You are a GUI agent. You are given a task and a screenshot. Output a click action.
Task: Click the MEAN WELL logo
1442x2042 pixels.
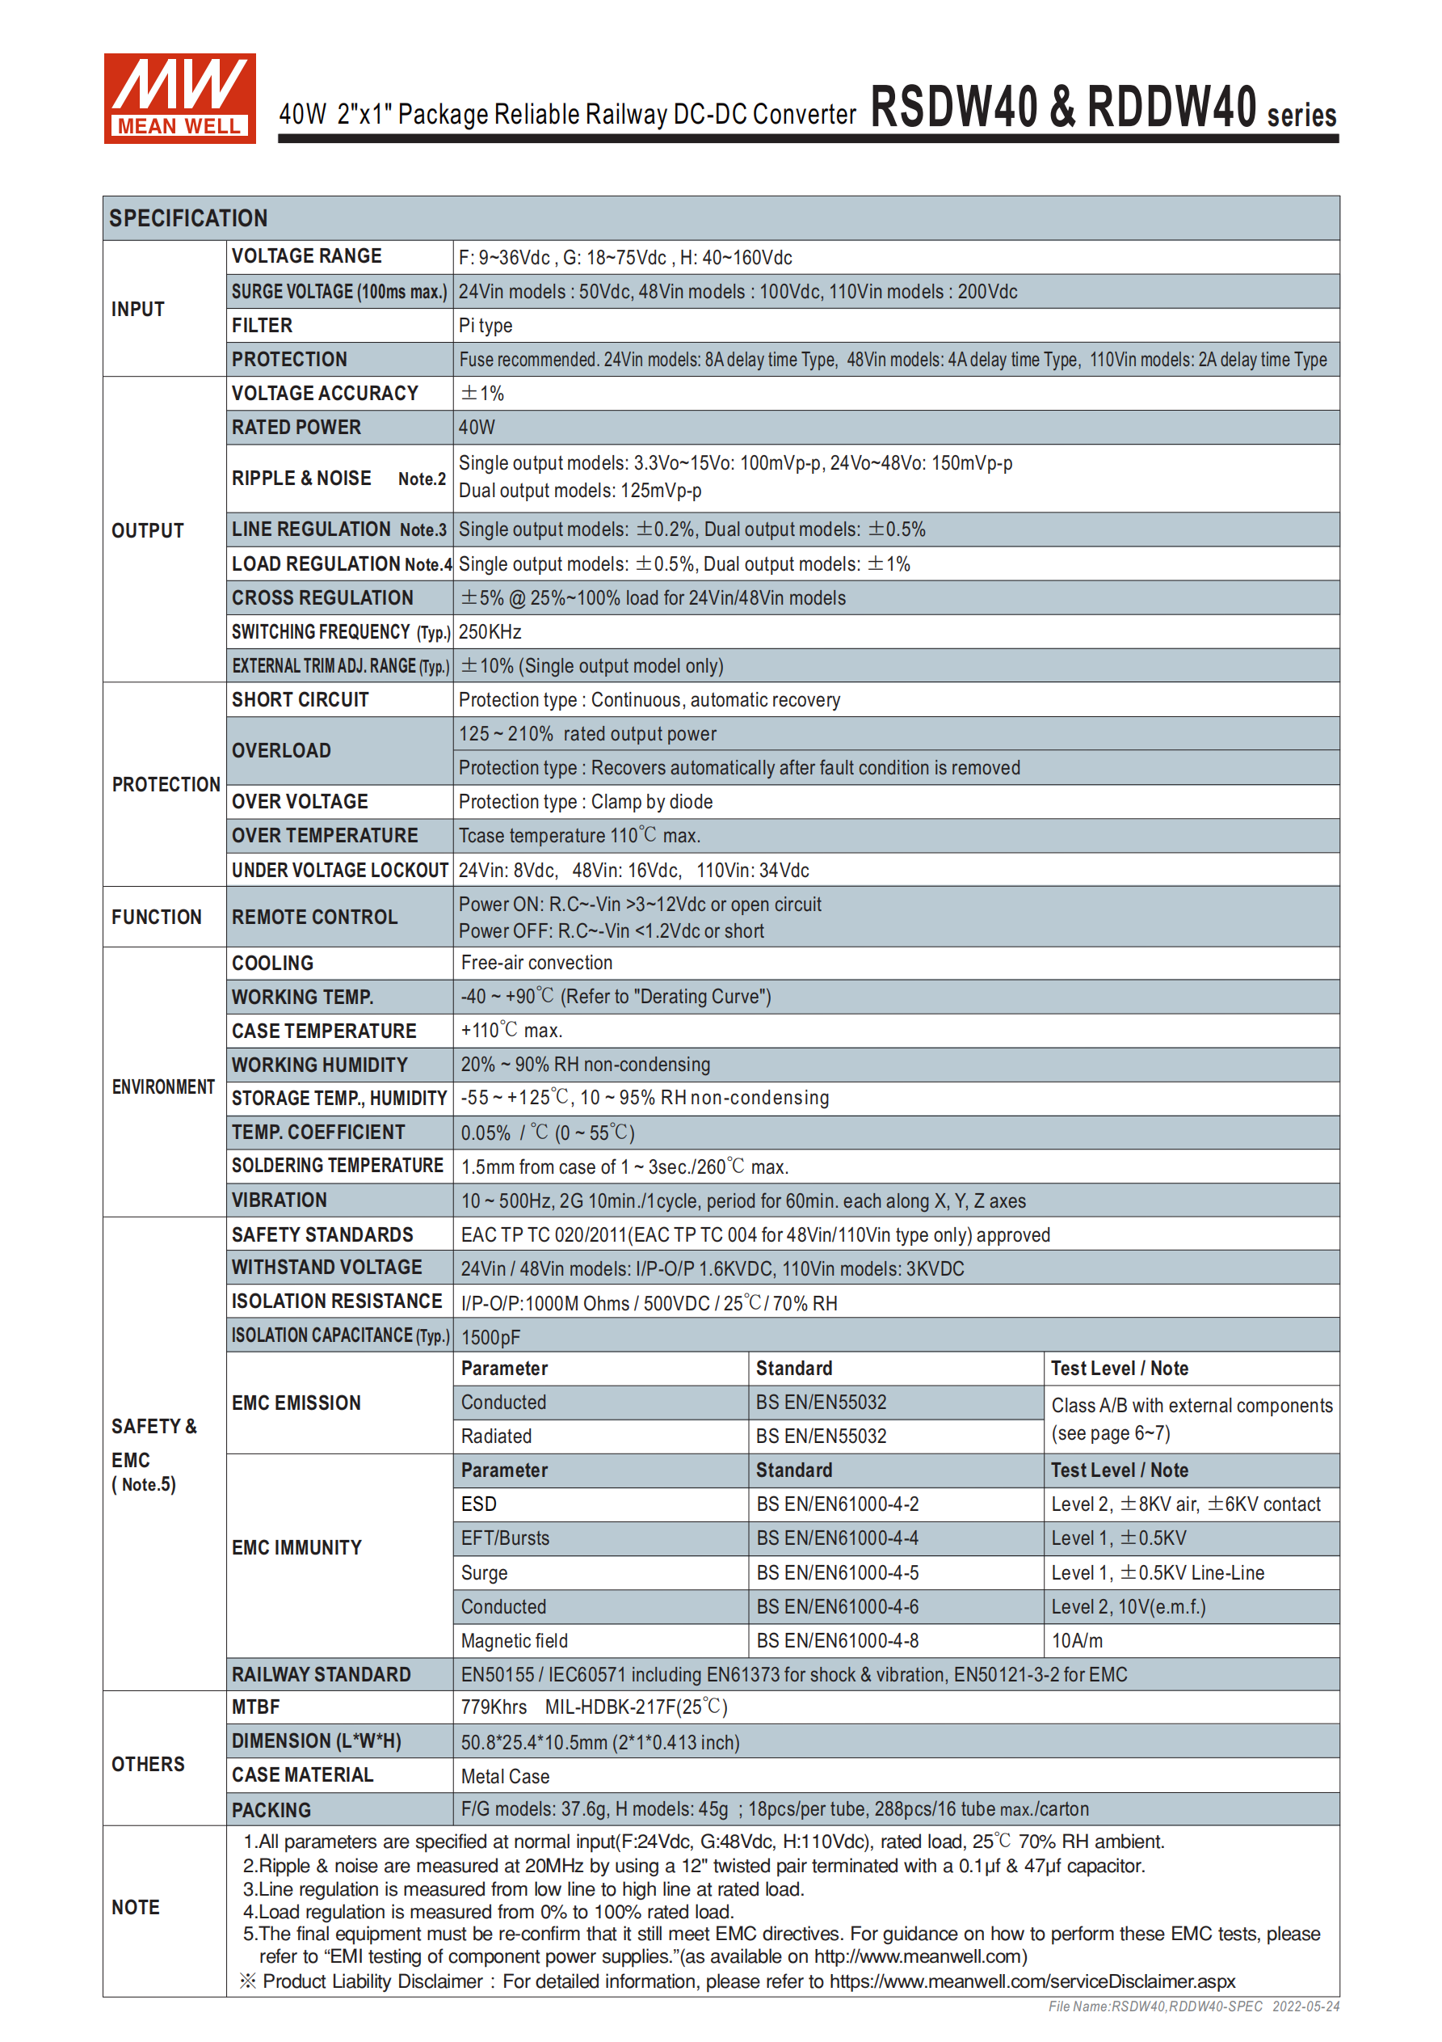click(179, 98)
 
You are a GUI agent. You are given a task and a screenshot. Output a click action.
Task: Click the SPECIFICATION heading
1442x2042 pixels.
click(187, 218)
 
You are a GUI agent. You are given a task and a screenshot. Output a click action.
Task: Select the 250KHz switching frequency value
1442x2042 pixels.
click(490, 631)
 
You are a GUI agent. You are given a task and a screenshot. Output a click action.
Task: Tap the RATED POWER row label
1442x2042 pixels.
click(296, 428)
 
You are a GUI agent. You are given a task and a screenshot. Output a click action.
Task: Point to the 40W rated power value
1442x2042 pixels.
click(477, 428)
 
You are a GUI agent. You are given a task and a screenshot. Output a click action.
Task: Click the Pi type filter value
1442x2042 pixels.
click(486, 326)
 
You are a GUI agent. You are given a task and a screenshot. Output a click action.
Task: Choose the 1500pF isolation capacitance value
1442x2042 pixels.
click(490, 1337)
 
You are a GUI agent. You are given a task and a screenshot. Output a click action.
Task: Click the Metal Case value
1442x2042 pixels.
click(505, 1776)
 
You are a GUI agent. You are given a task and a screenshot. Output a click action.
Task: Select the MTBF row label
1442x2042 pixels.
click(256, 1707)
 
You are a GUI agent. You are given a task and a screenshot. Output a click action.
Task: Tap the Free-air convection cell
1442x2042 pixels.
click(536, 962)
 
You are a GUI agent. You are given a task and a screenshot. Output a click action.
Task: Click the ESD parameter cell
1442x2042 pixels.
click(478, 1504)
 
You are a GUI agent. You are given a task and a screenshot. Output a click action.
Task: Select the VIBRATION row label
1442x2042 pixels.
click(280, 1200)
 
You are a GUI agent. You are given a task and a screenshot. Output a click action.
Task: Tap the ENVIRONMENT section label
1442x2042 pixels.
click(163, 1086)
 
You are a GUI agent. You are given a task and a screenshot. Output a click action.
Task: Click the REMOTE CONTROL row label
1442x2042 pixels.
click(315, 917)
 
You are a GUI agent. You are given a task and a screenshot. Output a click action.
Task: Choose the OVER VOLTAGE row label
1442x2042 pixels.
click(300, 801)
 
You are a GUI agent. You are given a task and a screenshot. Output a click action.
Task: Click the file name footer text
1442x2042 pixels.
click(1193, 2006)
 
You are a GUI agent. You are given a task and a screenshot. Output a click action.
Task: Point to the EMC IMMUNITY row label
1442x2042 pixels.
click(297, 1547)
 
